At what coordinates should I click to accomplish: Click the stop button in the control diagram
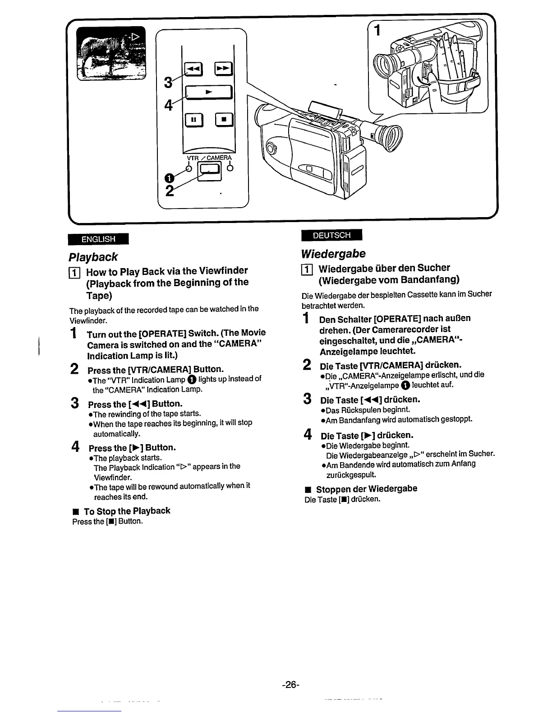click(x=224, y=120)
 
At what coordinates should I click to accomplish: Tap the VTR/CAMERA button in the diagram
click(x=211, y=169)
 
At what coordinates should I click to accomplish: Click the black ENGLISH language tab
click(x=98, y=239)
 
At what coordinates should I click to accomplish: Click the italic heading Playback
click(x=93, y=257)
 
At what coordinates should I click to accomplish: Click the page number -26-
click(x=290, y=685)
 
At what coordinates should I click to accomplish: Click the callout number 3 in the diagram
click(x=168, y=83)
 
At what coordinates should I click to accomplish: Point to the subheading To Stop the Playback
click(x=127, y=511)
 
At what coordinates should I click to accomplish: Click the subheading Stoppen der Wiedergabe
click(x=366, y=489)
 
